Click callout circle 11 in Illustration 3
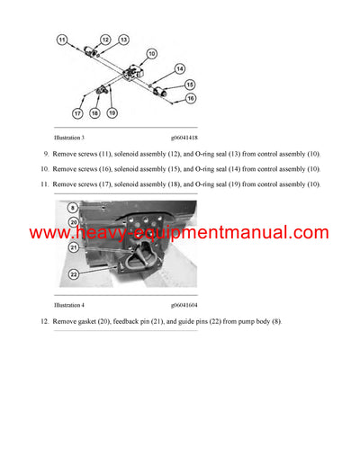[x=62, y=40]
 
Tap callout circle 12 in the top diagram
[x=104, y=40]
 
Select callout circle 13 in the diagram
[x=123, y=40]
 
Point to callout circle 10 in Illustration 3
[x=151, y=55]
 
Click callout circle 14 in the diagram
[x=180, y=68]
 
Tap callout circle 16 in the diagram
[x=190, y=101]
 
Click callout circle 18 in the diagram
[x=95, y=113]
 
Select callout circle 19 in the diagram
[x=112, y=113]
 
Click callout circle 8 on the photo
[x=73, y=208]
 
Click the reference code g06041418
[x=176, y=137]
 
